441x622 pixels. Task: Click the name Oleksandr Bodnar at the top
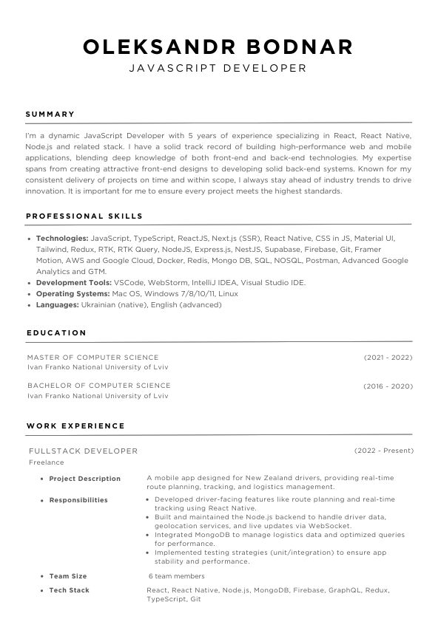pos(218,47)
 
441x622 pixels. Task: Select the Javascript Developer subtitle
pos(218,68)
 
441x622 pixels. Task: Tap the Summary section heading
pos(50,115)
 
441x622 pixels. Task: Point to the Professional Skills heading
pos(84,216)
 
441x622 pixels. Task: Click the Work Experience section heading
pos(75,426)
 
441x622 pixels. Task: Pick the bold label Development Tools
pos(74,282)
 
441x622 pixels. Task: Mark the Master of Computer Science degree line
pos(93,358)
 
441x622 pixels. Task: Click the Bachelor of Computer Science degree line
pos(99,386)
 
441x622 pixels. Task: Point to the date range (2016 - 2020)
pos(388,386)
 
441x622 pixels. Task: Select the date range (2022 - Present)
pos(384,451)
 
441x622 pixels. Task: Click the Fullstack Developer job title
pos(83,451)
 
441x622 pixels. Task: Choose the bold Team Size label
pos(68,576)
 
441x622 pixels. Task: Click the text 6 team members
pos(177,576)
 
